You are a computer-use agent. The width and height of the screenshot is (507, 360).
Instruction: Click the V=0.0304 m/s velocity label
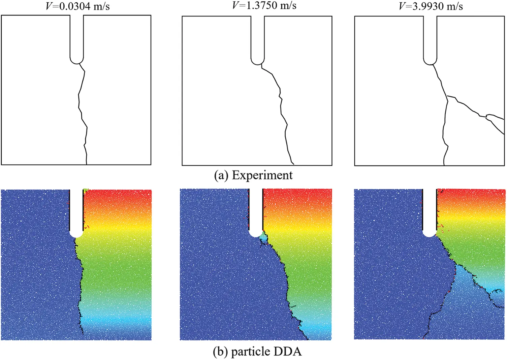77,6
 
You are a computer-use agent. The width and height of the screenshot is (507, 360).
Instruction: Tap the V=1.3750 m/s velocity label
264,5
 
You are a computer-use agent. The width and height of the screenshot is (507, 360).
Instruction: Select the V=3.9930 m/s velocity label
431,6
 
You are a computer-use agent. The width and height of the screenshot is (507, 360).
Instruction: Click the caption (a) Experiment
253,175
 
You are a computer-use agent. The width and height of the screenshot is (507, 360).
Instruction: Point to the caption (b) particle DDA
257,352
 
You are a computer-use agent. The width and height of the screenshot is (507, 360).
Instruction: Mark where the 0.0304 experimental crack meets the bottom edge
87,164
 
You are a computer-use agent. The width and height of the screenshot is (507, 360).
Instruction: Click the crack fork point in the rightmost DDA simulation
456,265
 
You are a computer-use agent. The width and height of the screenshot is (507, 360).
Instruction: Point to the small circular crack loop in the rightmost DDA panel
497,297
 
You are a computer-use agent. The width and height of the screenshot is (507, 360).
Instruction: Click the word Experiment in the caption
262,175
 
